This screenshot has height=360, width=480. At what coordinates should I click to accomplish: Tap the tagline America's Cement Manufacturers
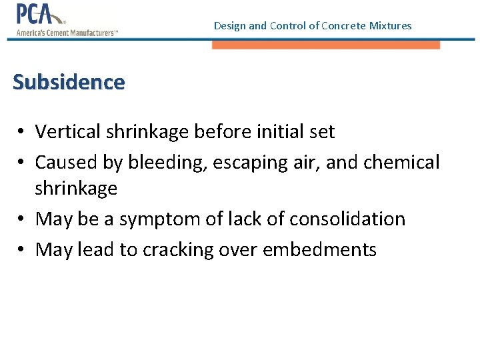(67, 32)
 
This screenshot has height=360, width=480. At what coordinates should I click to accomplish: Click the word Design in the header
(229, 26)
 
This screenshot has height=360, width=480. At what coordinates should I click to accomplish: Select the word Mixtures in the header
(391, 26)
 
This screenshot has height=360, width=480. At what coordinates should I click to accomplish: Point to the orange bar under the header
(326, 45)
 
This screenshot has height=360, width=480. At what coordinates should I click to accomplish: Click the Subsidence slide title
(69, 82)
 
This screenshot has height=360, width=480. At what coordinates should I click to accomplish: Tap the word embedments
(319, 249)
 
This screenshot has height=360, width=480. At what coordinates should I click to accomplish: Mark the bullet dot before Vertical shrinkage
(22, 132)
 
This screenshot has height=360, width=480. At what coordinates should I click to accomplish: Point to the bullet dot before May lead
(22, 250)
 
